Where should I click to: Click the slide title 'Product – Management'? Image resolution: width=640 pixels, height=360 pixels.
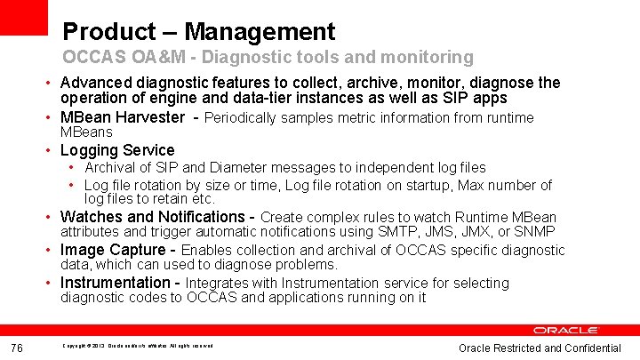point(198,33)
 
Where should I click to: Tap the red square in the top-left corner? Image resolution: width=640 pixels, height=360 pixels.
point(24,17)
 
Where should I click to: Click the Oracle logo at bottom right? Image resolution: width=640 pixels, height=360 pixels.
point(566,331)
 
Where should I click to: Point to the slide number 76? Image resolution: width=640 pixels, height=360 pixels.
point(17,348)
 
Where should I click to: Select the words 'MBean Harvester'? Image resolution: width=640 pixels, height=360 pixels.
point(122,117)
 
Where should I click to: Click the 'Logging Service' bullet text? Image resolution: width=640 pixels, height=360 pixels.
point(117,150)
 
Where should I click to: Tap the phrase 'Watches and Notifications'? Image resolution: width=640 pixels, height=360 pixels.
point(152,217)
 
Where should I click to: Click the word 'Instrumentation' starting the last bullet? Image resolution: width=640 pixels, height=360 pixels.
point(116,283)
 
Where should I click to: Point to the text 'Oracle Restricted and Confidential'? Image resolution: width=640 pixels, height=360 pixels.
point(540,348)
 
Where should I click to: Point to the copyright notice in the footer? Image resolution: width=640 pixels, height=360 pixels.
point(137,346)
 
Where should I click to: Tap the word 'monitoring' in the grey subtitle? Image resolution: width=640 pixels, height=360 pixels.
point(428,58)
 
